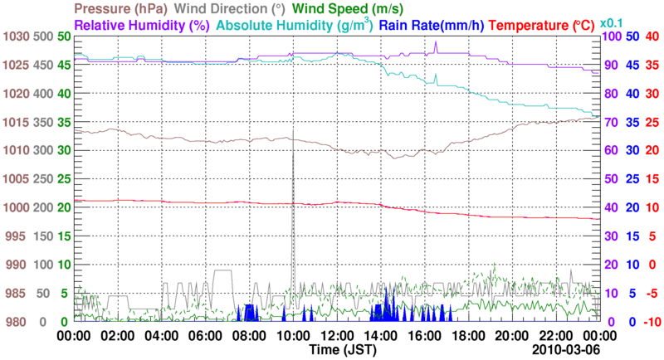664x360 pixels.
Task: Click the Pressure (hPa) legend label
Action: click(122, 9)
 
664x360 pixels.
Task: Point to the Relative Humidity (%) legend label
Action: click(141, 25)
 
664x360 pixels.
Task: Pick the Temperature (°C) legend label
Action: click(545, 25)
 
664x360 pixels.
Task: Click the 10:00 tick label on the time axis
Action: click(292, 336)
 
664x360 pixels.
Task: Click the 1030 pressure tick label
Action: click(16, 36)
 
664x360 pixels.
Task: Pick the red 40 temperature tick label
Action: click(652, 36)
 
